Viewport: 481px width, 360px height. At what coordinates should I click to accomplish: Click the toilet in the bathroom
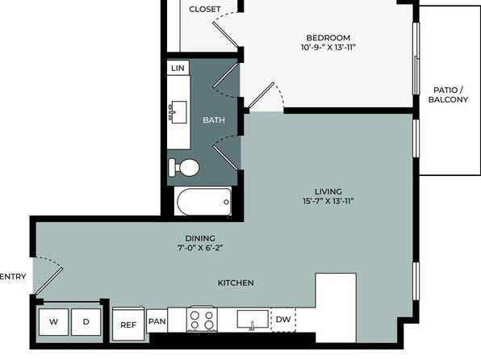(184, 168)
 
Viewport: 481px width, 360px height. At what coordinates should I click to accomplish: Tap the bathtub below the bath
(204, 202)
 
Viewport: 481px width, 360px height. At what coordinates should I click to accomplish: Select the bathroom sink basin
(178, 112)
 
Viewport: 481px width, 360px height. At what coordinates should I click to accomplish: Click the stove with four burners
(202, 319)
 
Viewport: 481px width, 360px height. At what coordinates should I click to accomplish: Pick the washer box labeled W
(54, 322)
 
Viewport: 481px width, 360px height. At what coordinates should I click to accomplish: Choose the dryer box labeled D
(86, 322)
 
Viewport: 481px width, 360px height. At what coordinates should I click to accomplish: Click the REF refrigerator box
(128, 324)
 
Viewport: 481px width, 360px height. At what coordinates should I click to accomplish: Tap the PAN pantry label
(157, 321)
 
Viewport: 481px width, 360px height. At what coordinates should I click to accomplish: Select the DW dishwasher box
(283, 320)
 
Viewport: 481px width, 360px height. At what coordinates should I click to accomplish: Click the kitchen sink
(253, 319)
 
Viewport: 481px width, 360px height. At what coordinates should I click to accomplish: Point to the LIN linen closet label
(178, 68)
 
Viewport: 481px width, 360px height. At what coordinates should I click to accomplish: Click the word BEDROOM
(328, 38)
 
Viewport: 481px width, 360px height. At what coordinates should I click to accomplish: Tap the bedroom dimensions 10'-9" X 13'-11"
(328, 48)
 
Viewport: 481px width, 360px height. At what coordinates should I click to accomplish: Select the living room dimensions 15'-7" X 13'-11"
(328, 201)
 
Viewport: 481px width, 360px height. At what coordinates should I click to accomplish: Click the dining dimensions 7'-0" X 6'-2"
(200, 248)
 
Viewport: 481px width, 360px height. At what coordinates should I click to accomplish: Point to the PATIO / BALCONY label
(448, 94)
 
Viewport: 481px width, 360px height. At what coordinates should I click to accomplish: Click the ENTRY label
(13, 277)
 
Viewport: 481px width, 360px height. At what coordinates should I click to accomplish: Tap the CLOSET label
(205, 9)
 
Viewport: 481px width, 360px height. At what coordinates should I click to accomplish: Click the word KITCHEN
(236, 283)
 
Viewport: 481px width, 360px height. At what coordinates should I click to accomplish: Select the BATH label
(214, 119)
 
